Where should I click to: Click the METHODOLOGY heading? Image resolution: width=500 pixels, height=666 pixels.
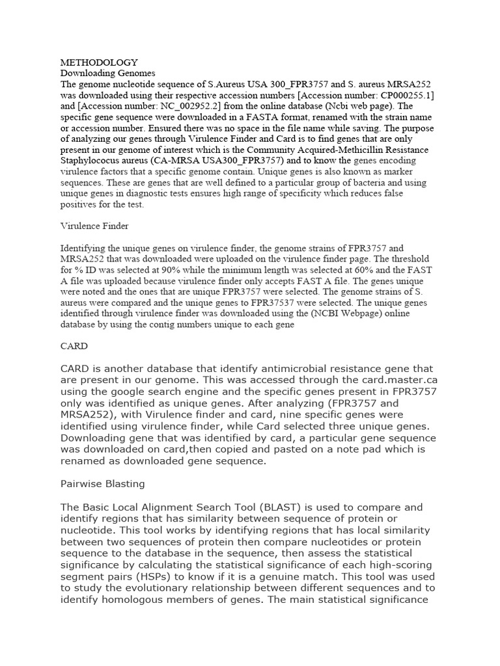tap(99, 62)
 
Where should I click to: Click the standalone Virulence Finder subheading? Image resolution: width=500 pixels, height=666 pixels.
tap(94, 226)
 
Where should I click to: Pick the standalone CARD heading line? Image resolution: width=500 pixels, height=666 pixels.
tap(74, 346)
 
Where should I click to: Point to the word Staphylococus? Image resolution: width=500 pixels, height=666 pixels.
tap(92, 158)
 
